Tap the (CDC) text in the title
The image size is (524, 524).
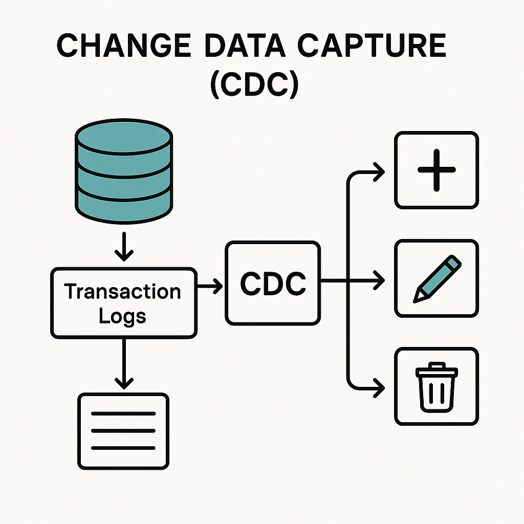(254, 85)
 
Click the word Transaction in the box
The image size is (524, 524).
(123, 292)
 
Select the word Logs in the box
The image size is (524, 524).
(122, 316)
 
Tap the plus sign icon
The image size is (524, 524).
(436, 170)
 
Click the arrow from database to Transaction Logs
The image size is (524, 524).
(124, 247)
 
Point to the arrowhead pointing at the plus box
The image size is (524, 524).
(379, 172)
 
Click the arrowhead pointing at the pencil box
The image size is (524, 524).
(379, 280)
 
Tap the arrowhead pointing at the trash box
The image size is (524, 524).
(379, 387)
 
